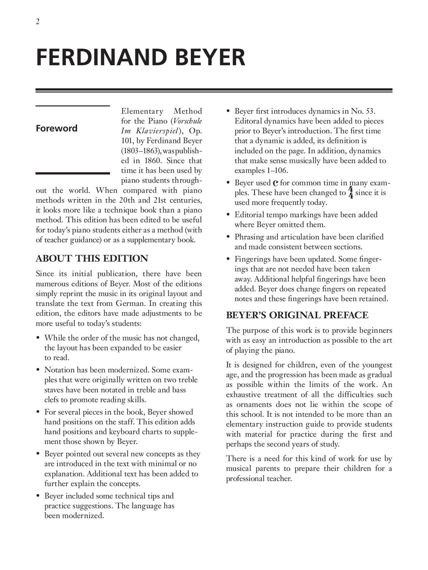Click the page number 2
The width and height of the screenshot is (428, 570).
point(38,22)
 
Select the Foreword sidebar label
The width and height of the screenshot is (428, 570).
point(56,128)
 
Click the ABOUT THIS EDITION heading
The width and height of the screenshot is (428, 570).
point(92,258)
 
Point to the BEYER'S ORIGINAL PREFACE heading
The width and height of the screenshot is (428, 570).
point(297,315)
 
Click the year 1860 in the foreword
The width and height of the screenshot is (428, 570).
point(153,161)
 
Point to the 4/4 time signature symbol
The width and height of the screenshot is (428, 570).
point(351,193)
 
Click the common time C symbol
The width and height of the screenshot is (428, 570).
point(275,183)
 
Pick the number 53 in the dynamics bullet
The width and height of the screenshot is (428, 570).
point(369,111)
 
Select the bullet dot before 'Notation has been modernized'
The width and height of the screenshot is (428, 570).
point(38,370)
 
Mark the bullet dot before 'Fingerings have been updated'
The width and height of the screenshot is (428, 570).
point(228,259)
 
